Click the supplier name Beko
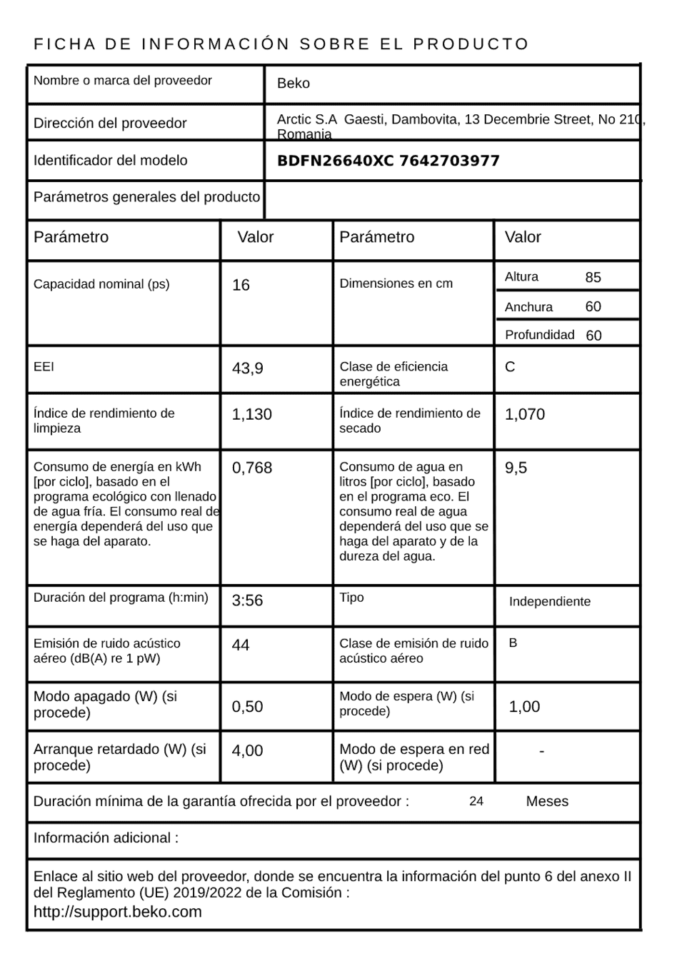293,84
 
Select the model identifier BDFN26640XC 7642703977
388,161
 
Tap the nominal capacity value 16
241,286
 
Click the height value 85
593,278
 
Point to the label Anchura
528,307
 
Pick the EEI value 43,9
247,368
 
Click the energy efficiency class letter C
510,367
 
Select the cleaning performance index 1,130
251,415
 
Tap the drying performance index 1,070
524,415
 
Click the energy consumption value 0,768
251,468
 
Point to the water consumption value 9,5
516,468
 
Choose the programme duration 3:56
247,601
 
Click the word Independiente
549,602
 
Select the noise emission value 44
241,645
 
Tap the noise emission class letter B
513,643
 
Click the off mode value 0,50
247,707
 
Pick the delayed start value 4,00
247,751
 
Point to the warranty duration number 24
476,801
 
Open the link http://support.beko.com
118,912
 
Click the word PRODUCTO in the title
471,44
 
